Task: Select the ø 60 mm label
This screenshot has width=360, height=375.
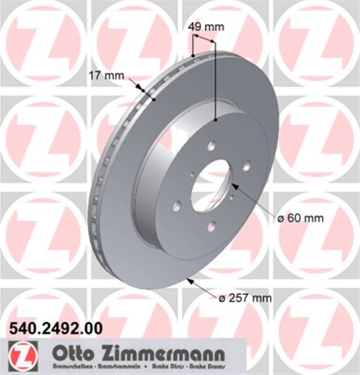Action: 300,219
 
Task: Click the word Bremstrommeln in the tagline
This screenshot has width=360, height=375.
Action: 118,367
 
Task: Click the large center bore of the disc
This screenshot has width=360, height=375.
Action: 212,185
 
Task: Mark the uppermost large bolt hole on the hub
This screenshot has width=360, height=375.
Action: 212,145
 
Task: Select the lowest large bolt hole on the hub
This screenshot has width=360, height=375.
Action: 211,226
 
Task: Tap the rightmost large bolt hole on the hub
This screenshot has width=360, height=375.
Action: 247,166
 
